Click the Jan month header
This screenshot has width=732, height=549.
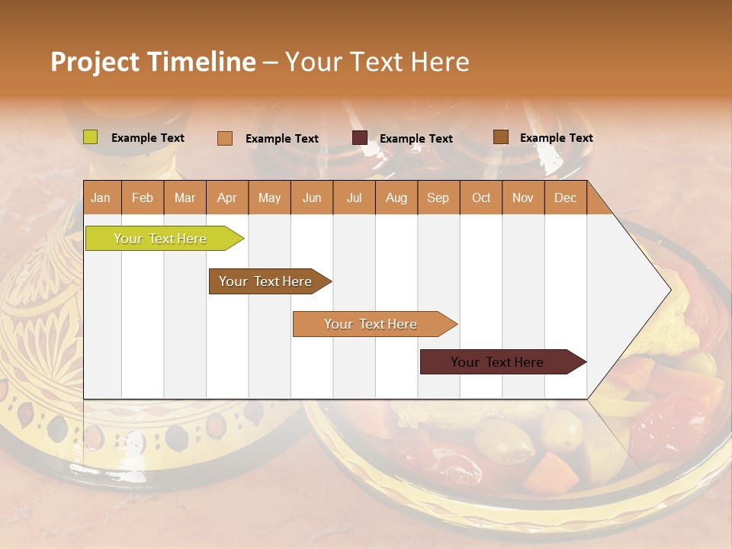point(101,198)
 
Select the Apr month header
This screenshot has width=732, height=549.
point(227,198)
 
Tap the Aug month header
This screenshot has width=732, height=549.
point(396,198)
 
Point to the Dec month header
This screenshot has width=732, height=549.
point(565,198)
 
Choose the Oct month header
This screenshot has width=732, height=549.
point(481,198)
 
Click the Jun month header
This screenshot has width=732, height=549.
point(312,198)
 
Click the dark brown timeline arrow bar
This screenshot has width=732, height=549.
point(267,281)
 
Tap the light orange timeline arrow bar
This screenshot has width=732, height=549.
point(371,324)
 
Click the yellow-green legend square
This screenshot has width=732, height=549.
point(91,137)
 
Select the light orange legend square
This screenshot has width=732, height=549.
point(225,138)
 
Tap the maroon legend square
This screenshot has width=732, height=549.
point(360,138)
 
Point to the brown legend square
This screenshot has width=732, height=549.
point(501,137)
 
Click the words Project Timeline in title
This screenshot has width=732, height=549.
point(152,62)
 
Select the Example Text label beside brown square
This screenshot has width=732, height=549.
point(556,138)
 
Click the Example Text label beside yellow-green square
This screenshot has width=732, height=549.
point(147,138)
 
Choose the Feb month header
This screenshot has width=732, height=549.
point(143,198)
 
